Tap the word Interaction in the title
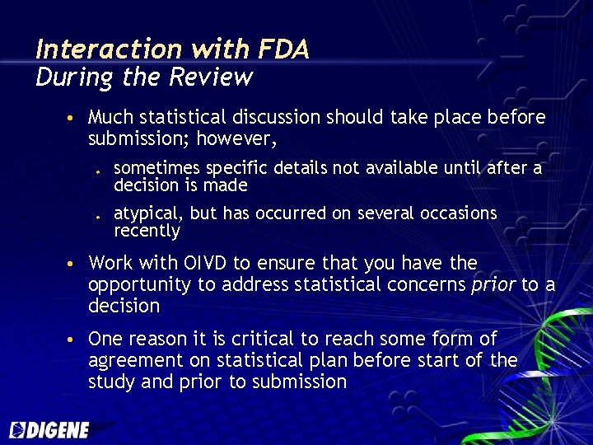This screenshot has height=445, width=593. coord(103,50)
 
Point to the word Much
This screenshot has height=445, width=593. coord(108,118)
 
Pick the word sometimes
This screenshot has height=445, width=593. coord(156,169)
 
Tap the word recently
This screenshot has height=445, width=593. coord(147,232)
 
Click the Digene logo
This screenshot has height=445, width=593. coord(49,429)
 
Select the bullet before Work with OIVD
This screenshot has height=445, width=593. coord(72,265)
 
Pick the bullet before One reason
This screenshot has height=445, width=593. coord(72,340)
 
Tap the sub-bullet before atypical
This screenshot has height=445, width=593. coord(97,215)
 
